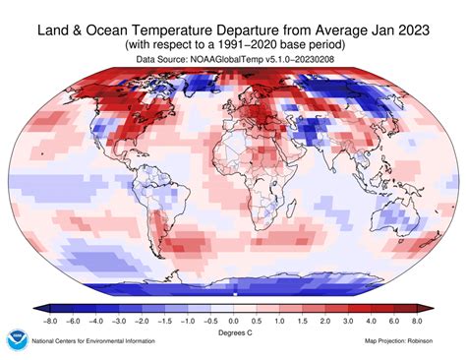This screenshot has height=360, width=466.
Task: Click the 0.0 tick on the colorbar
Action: tap(233, 320)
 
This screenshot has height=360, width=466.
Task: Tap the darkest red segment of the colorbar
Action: tap(417, 306)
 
